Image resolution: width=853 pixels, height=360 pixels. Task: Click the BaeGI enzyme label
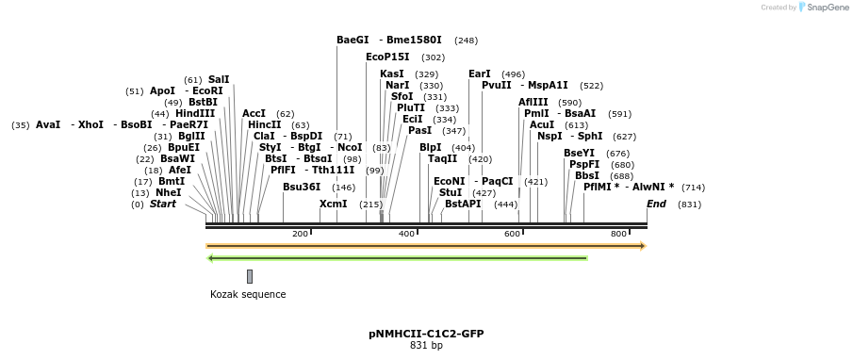point(353,41)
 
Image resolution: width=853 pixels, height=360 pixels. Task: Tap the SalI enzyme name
point(219,80)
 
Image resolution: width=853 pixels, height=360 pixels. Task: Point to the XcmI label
point(333,204)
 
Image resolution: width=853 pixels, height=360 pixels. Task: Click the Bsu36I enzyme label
point(302,187)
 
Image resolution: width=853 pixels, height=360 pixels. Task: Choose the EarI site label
point(480,74)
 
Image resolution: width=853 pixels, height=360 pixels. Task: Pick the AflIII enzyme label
point(533,102)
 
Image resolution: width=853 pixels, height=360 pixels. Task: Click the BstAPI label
point(463,204)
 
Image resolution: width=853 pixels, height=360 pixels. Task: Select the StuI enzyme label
point(451,192)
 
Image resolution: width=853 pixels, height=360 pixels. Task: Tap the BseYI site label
point(579,153)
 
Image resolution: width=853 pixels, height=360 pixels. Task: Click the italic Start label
point(163,204)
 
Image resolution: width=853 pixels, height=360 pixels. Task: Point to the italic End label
point(656,204)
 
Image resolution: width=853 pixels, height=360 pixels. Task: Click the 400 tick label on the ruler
point(406,234)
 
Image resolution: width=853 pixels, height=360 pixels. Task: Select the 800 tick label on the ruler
point(618,234)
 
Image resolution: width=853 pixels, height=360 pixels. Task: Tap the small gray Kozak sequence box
point(250,276)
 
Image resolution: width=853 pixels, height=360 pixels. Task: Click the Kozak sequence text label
point(248,295)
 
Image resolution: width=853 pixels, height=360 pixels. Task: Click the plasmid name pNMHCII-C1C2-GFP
point(426,334)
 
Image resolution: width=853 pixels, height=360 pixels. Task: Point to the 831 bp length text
point(426,346)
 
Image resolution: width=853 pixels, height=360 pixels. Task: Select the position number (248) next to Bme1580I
point(466,41)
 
